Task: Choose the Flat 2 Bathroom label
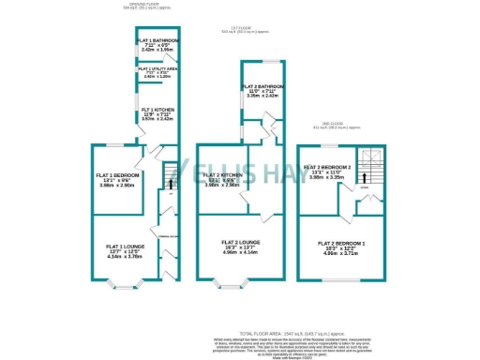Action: tap(264, 87)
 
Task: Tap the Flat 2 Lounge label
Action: tap(241, 243)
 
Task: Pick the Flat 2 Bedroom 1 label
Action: tap(340, 244)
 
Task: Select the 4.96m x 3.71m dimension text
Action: tap(340, 253)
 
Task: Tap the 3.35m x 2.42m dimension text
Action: tap(263, 97)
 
